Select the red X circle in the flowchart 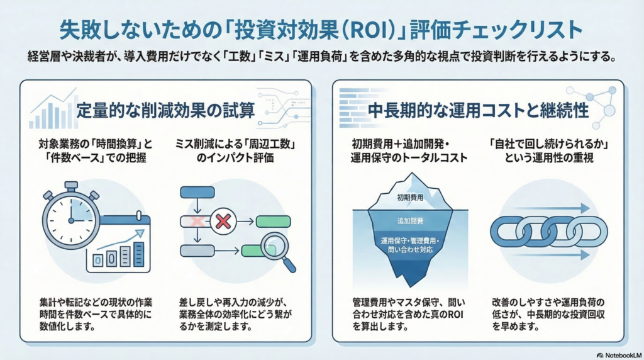pyautogui.click(x=221, y=222)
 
